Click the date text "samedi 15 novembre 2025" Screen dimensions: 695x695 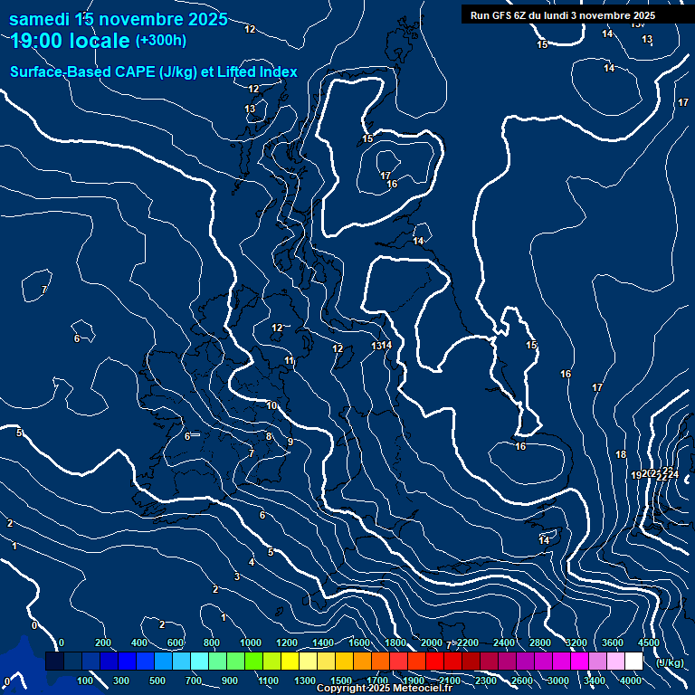click(118, 19)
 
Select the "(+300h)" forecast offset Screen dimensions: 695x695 click(161, 40)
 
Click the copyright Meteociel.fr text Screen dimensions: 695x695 click(384, 689)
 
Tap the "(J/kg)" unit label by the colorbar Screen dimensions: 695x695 click(670, 662)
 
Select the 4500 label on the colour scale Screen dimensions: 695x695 click(649, 643)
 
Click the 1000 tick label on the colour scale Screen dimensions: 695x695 click(251, 643)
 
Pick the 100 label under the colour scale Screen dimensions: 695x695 click(85, 681)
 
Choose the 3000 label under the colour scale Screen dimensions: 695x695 click(558, 681)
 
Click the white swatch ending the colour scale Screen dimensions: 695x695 click(633, 662)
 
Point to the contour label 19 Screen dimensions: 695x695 click(635, 475)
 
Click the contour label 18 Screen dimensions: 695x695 click(621, 454)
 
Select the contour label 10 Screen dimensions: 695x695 click(271, 405)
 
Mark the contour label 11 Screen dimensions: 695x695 click(289, 361)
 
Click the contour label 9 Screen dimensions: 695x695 click(290, 442)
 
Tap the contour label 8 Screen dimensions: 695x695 click(269, 436)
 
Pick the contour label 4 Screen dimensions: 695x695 click(252, 562)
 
